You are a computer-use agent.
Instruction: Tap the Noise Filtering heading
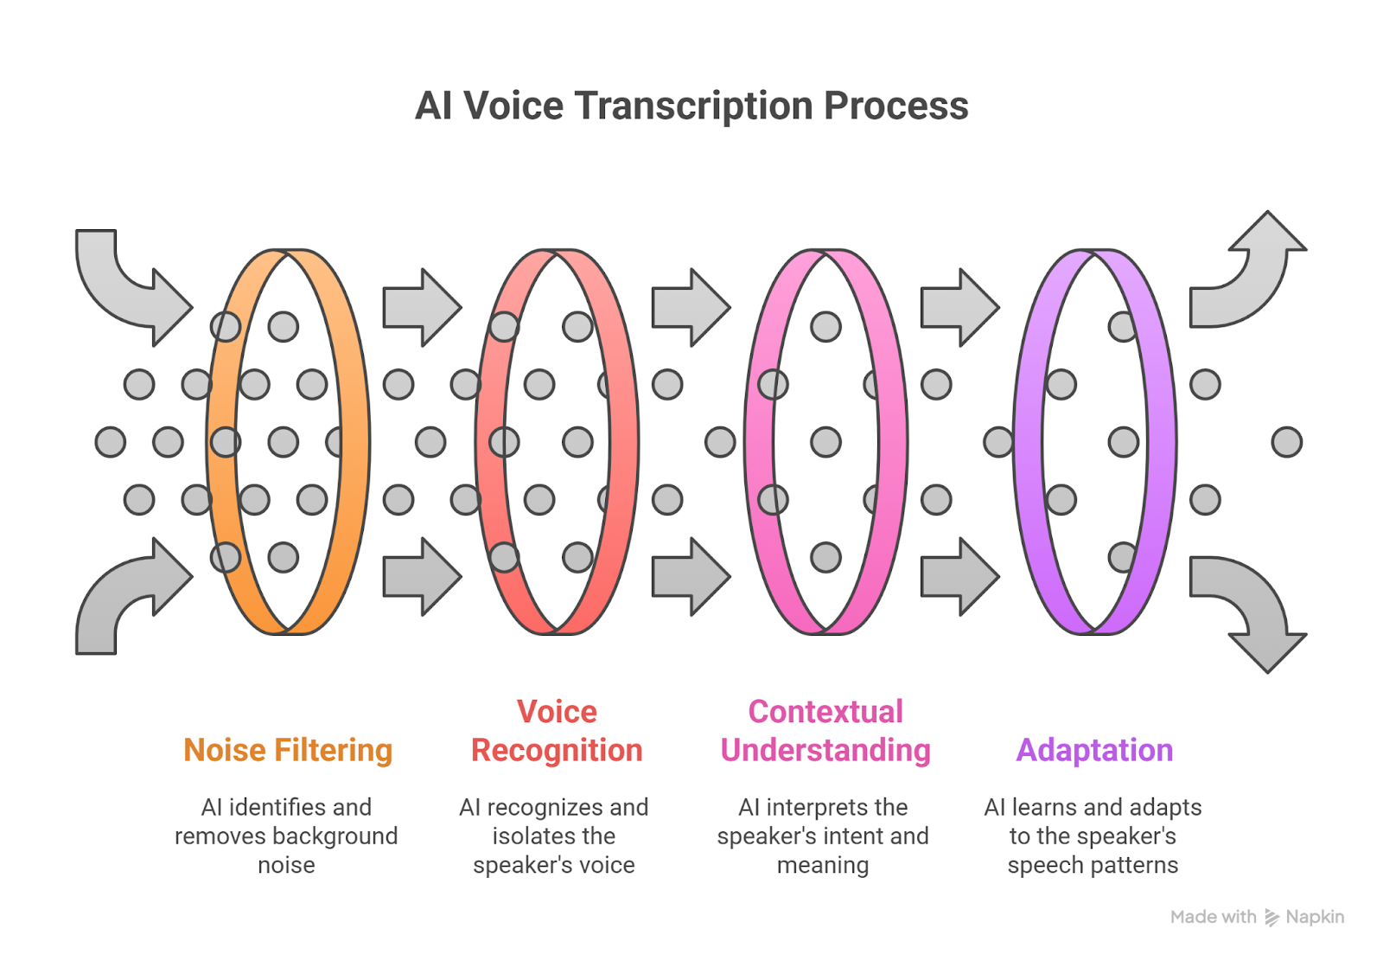click(x=288, y=750)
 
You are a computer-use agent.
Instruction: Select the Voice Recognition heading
click(x=557, y=731)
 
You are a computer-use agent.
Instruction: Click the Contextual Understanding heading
click(x=825, y=731)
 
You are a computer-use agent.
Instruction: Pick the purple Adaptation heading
click(x=1094, y=751)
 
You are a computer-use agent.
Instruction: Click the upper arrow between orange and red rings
click(x=422, y=307)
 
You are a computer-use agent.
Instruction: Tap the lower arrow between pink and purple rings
click(x=959, y=577)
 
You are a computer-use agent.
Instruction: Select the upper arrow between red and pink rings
click(x=691, y=307)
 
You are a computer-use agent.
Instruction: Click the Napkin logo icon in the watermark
click(x=1271, y=918)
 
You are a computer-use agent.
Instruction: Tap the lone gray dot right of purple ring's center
click(x=1287, y=443)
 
